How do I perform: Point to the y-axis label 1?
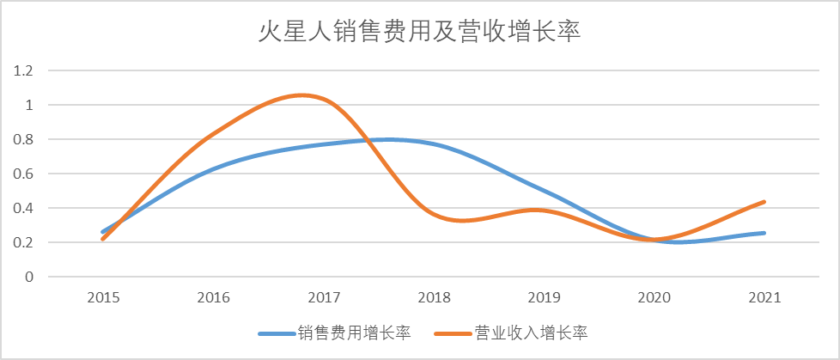[27, 105]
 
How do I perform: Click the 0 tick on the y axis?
[27, 277]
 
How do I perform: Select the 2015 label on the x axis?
[102, 298]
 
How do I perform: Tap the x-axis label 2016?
[213, 298]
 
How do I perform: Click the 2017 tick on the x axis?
[323, 298]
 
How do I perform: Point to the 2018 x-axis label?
[434, 298]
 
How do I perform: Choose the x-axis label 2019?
[544, 298]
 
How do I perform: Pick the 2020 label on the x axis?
[654, 298]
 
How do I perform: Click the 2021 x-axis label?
[764, 298]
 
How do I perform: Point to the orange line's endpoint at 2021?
[764, 202]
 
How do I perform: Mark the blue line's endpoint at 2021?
[764, 233]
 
